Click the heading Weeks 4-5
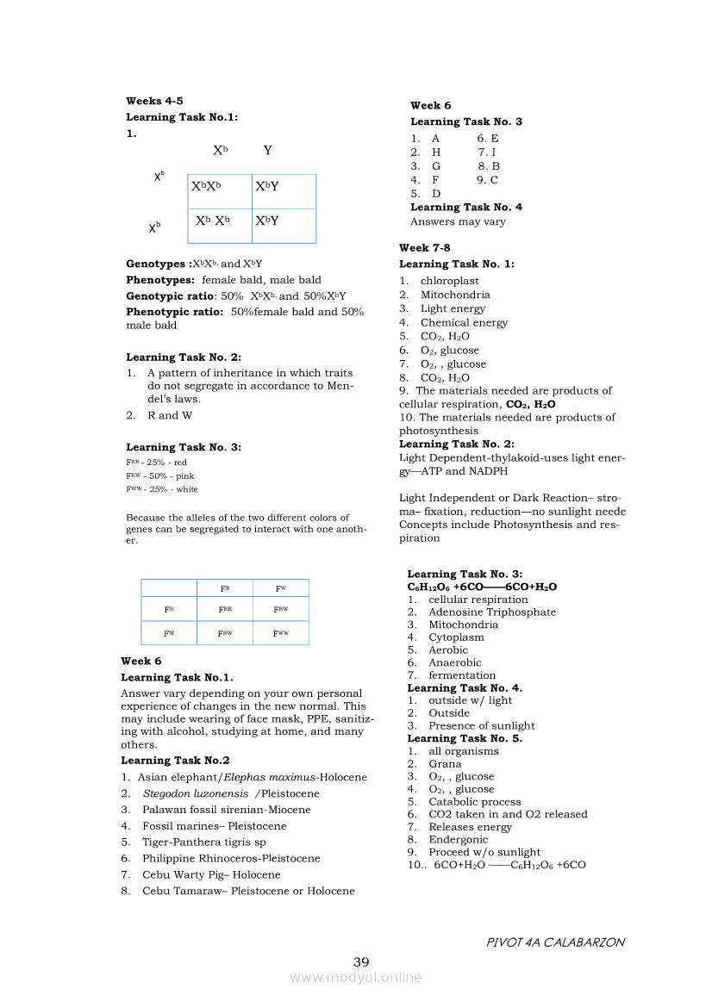pyautogui.click(x=154, y=101)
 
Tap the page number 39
pyautogui.click(x=361, y=961)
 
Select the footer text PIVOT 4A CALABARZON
pyautogui.click(x=555, y=942)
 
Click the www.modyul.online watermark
pyautogui.click(x=356, y=977)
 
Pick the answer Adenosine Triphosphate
pyautogui.click(x=492, y=612)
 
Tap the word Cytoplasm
pyautogui.click(x=456, y=637)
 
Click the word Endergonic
pyautogui.click(x=458, y=839)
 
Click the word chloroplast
pyautogui.click(x=450, y=281)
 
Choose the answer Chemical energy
pyautogui.click(x=464, y=322)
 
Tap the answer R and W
pyautogui.click(x=170, y=415)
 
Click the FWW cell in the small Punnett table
pyautogui.click(x=281, y=633)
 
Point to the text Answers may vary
pyautogui.click(x=458, y=221)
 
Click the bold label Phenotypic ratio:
pyautogui.click(x=175, y=311)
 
